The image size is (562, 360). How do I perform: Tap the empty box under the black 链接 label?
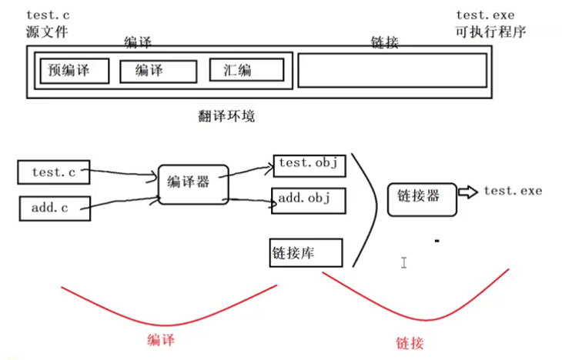pos(392,71)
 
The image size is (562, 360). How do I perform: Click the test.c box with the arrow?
pos(52,172)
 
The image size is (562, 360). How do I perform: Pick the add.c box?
pos(52,208)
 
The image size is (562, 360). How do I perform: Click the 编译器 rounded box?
pos(193,182)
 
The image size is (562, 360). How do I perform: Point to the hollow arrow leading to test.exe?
pos(467,192)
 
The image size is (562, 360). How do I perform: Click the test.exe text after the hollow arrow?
pos(513,191)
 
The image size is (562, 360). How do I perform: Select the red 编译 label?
pos(165,338)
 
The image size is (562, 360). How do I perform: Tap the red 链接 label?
pos(411,342)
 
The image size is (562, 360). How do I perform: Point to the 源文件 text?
pos(47,32)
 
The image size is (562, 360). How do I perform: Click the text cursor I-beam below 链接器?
pos(403,263)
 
